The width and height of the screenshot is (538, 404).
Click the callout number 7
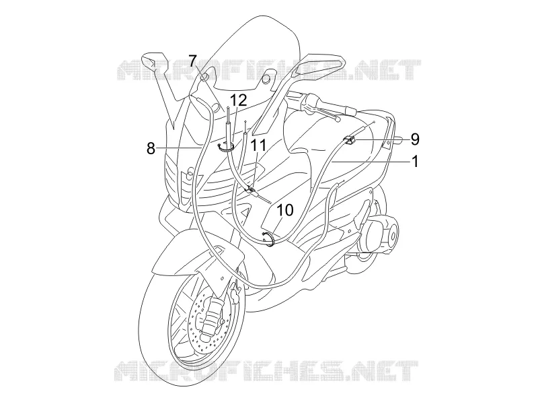[x=192, y=61]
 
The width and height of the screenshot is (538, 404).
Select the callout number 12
[x=239, y=100]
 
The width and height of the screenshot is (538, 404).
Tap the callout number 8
[x=151, y=149]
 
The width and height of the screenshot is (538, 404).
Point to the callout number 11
[x=258, y=145]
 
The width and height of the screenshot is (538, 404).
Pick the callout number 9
[x=415, y=139]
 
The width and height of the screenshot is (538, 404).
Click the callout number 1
[x=416, y=161]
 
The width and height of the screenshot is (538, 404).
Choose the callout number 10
[x=285, y=210]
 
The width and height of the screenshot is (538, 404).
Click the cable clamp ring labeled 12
[x=227, y=147]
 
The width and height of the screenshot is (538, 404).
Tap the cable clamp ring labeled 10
[x=268, y=238]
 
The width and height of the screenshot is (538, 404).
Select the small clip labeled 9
[x=349, y=140]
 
